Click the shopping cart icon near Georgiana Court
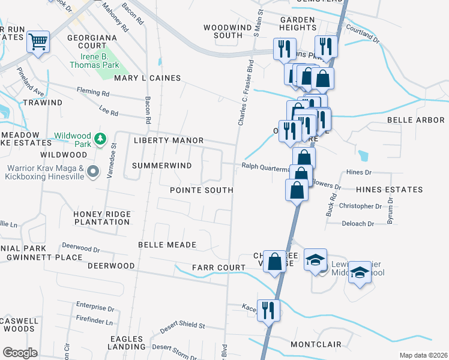pos(38,43)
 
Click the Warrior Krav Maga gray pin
pos(92,172)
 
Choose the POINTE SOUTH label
pos(201,190)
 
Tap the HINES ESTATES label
pos(389,190)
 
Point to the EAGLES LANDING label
pos(127,343)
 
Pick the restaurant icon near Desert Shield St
pos(268,310)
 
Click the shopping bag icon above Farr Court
pos(274,261)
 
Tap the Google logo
pos(20,352)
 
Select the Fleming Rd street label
pos(92,93)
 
